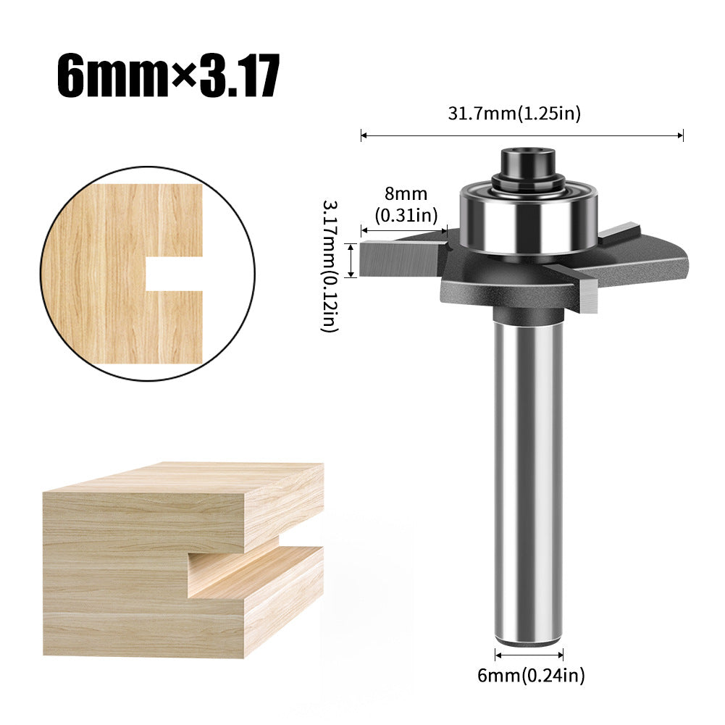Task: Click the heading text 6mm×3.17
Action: pyautogui.click(x=168, y=75)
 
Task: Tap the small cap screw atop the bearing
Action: pyautogui.click(x=528, y=161)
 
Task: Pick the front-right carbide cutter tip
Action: pyautogui.click(x=589, y=293)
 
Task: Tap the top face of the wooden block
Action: pyautogui.click(x=188, y=479)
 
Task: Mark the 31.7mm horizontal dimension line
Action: pyautogui.click(x=522, y=135)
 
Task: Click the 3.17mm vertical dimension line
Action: pyautogui.click(x=352, y=260)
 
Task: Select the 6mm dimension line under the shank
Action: pyautogui.click(x=528, y=654)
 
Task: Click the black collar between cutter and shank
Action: pyautogui.click(x=528, y=315)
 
